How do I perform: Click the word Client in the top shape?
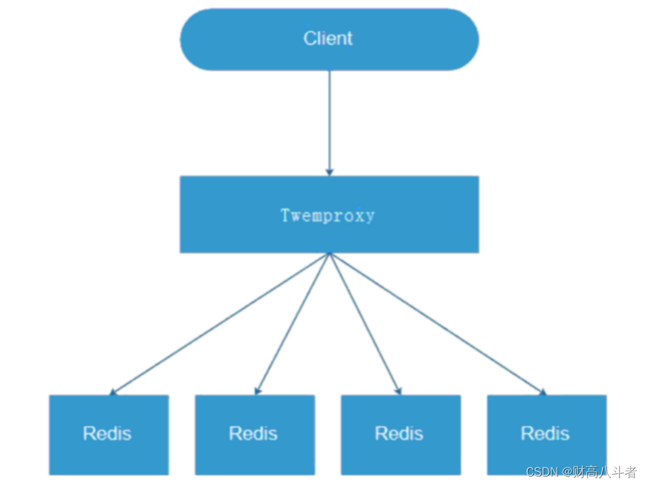point(328,39)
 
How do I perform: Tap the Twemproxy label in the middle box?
point(328,215)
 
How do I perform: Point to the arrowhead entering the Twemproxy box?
point(330,172)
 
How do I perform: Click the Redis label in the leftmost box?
point(107,434)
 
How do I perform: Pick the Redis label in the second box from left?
point(253,434)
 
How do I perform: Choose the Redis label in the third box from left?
point(399,434)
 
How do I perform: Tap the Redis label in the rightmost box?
point(545,434)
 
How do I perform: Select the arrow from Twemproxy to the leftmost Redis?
point(219,324)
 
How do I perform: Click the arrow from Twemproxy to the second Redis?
point(293,323)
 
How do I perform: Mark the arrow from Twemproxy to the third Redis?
point(365,323)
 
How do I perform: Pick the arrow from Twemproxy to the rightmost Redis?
point(438,323)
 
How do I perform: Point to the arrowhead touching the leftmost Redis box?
point(113,392)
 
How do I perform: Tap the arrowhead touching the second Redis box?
point(258,390)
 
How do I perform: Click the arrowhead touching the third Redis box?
point(399,390)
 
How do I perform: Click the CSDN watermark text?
point(541,473)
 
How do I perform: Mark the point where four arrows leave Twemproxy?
point(330,253)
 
